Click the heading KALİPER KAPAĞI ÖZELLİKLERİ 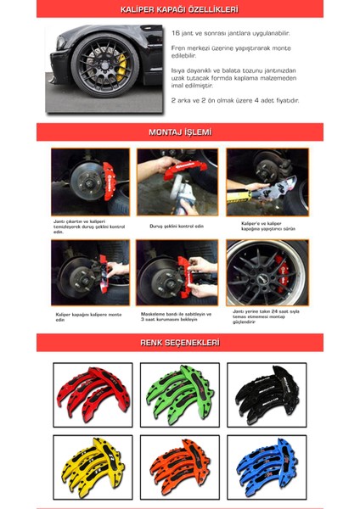(x=179, y=9)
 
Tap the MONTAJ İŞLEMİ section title (x=179, y=132)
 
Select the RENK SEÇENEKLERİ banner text (x=179, y=343)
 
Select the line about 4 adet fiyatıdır (x=234, y=100)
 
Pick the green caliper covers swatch (x=179, y=394)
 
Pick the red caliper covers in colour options (x=93, y=394)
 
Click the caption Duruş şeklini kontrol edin (x=177, y=225)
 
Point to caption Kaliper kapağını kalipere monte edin (x=87, y=316)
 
